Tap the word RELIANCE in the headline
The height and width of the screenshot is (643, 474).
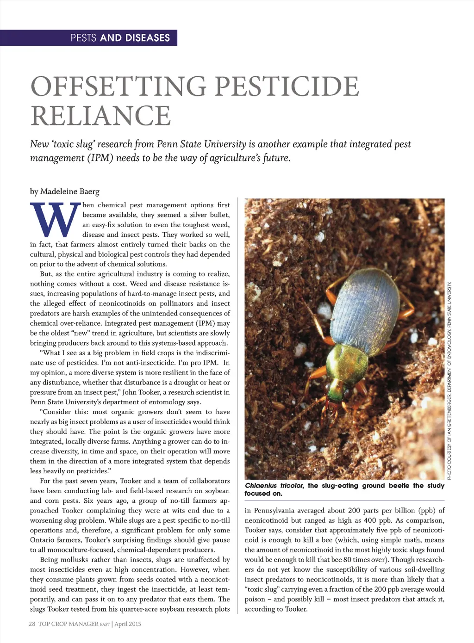(100, 115)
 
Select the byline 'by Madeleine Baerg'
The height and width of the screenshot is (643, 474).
(65, 192)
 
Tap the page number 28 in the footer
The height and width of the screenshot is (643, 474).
(32, 624)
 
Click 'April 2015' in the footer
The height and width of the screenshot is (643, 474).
(128, 624)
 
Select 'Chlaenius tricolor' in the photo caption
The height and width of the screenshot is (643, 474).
(274, 486)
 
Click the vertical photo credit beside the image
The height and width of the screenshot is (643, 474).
(449, 379)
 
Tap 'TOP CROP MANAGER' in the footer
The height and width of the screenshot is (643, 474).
(69, 624)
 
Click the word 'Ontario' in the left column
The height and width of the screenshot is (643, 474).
(43, 540)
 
